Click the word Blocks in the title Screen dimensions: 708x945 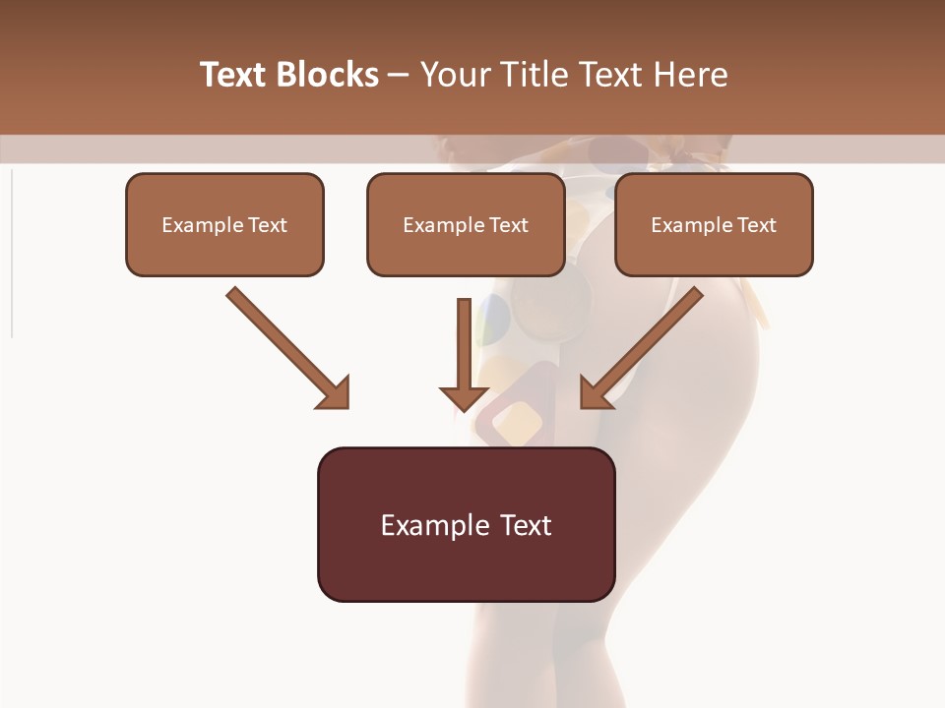click(329, 75)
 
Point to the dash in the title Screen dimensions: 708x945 click(399, 76)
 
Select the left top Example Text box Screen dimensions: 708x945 click(224, 225)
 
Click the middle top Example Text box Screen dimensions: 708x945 click(466, 225)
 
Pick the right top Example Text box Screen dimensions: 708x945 click(714, 225)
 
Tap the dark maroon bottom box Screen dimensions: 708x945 click(466, 524)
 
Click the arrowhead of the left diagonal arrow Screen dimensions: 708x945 click(335, 393)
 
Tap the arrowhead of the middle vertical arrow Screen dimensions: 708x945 click(464, 396)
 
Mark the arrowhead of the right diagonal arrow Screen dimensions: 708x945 click(596, 393)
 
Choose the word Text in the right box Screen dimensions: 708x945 click(757, 225)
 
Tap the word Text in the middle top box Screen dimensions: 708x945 click(509, 225)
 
